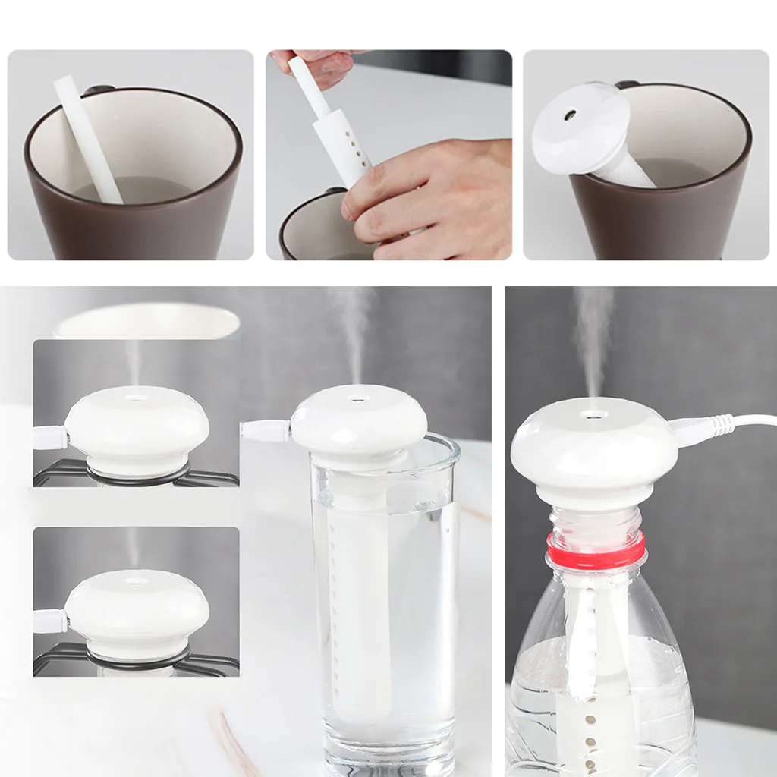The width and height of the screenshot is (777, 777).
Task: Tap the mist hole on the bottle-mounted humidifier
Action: pyautogui.click(x=594, y=414)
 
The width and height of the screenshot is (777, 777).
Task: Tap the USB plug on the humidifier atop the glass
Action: pyautogui.click(x=266, y=430)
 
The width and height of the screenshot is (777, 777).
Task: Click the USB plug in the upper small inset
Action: pyautogui.click(x=50, y=437)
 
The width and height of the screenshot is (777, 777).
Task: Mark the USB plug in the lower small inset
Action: pyautogui.click(x=50, y=621)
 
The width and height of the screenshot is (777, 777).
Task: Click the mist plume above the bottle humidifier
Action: pyautogui.click(x=593, y=334)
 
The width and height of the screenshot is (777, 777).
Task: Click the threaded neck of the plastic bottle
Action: pyautogui.click(x=596, y=524)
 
